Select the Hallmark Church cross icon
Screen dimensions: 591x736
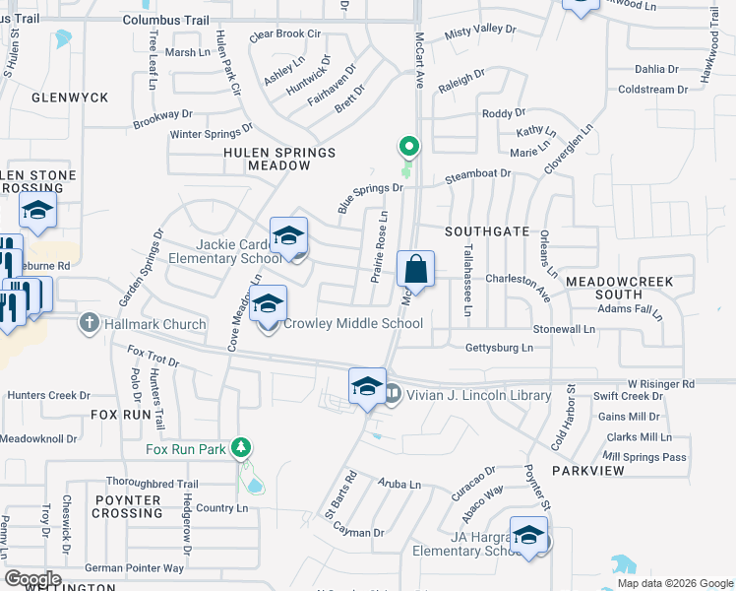click(90, 323)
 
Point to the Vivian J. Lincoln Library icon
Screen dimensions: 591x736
click(392, 394)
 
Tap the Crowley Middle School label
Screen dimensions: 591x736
click(353, 323)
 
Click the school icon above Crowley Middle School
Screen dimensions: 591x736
click(268, 305)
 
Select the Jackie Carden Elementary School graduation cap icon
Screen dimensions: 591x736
click(289, 237)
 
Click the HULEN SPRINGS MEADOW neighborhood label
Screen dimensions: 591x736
click(279, 160)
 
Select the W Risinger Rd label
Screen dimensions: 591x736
click(661, 382)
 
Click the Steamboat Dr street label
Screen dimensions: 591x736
click(478, 173)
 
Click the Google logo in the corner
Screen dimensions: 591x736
click(33, 578)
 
